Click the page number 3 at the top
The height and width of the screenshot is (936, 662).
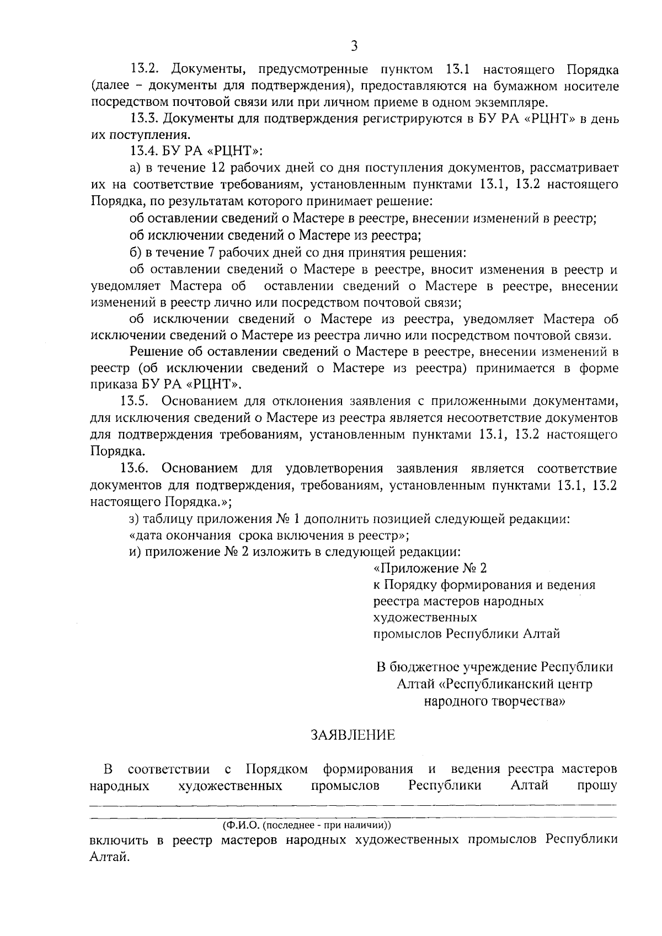click(354, 46)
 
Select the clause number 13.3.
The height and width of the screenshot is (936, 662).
click(145, 119)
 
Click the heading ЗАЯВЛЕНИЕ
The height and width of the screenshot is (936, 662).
click(353, 735)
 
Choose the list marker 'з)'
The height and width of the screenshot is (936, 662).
click(134, 520)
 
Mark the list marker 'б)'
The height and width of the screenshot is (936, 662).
click(135, 253)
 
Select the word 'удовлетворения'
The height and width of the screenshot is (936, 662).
click(334, 469)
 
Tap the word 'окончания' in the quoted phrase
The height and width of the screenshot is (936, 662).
click(201, 536)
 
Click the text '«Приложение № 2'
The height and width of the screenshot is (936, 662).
click(430, 568)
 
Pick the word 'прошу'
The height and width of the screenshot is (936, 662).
click(596, 785)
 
